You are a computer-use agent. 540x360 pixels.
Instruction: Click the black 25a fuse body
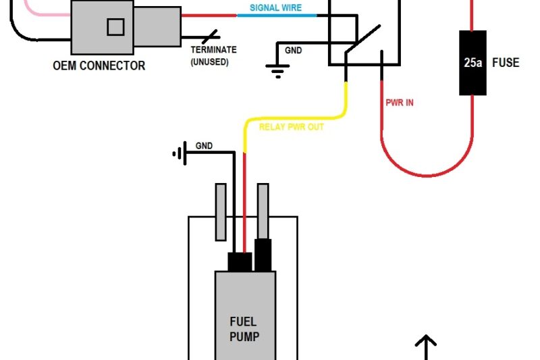(473, 63)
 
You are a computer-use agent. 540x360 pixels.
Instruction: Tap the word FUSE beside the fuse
(506, 63)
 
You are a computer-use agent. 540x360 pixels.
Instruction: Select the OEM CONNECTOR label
(99, 66)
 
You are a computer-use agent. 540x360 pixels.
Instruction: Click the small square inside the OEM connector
(115, 27)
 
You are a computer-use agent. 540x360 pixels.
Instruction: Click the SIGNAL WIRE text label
(275, 7)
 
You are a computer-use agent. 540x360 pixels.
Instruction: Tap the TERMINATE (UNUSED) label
(213, 55)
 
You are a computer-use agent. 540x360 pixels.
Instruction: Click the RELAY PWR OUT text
(292, 127)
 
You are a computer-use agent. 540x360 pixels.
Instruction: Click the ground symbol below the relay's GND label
(277, 69)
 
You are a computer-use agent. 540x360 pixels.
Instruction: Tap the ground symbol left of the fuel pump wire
(179, 154)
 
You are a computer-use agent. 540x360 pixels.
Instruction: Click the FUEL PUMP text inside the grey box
(244, 329)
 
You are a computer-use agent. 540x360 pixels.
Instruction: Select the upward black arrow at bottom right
(425, 346)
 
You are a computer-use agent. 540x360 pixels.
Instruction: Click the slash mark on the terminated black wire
(211, 36)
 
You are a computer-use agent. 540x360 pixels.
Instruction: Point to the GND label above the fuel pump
(205, 146)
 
